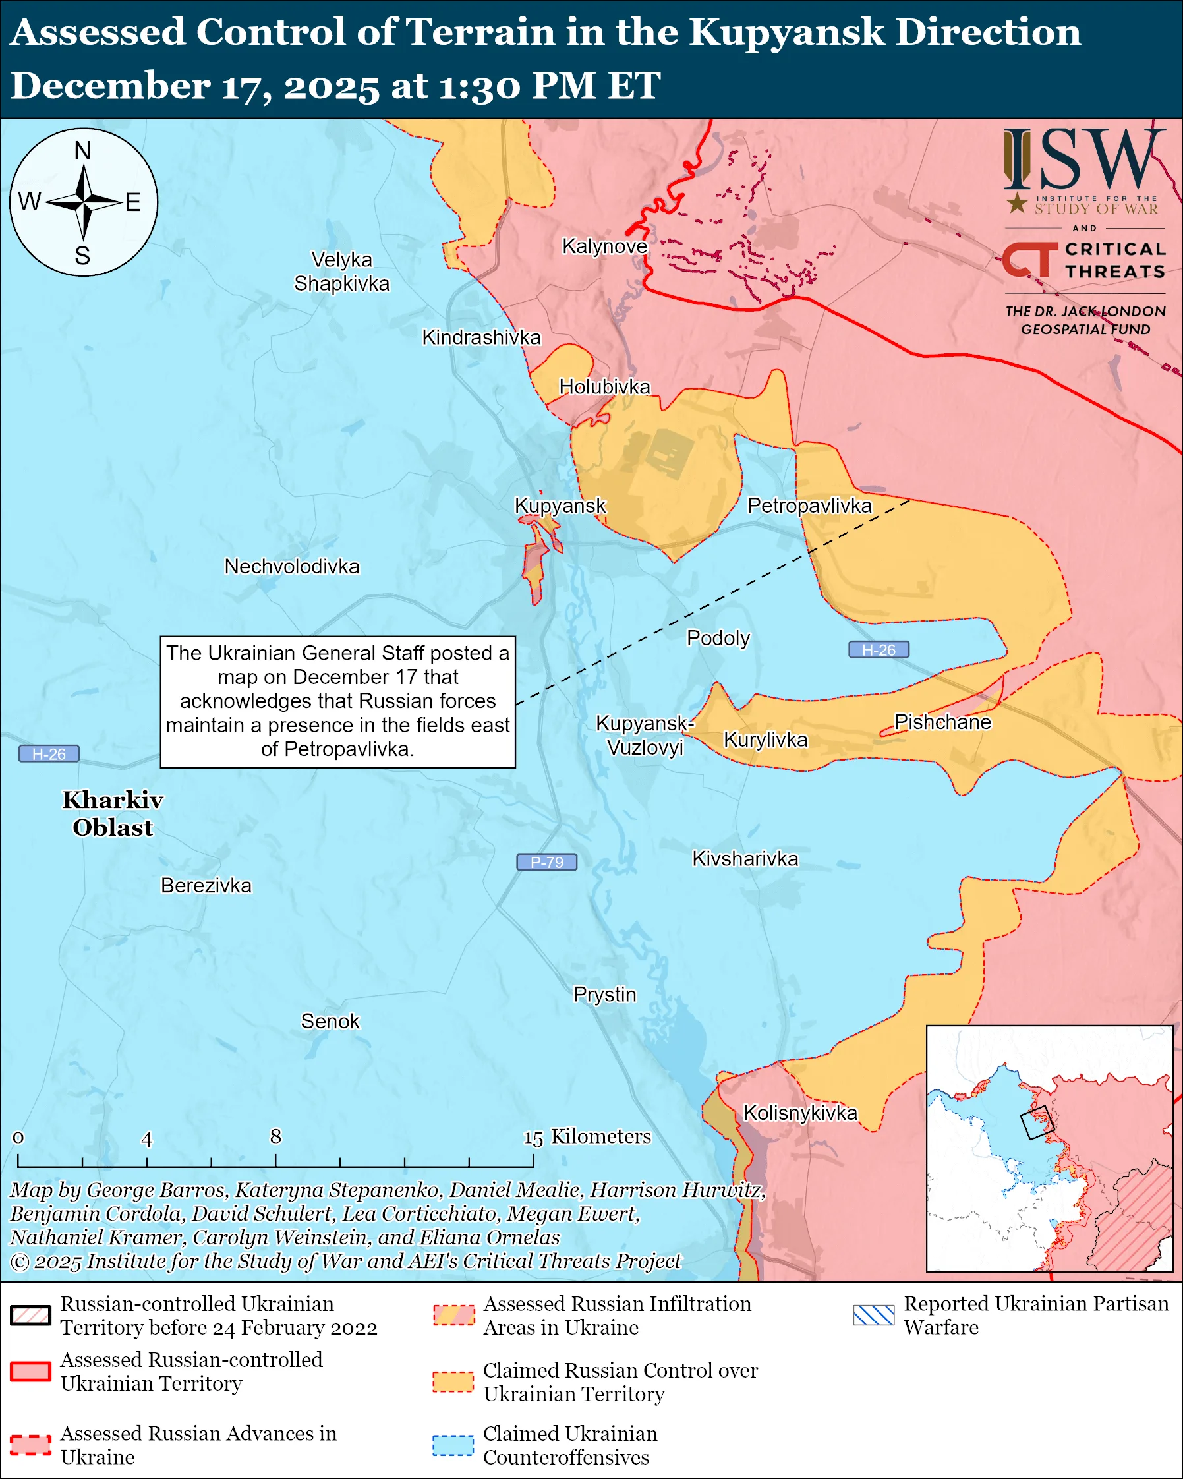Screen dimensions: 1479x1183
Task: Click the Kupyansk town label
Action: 560,506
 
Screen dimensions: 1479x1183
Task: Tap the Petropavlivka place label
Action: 809,506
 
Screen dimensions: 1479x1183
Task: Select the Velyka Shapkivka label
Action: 341,272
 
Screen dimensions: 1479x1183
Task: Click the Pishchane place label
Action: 942,722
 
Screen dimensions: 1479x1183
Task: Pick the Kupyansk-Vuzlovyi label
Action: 645,735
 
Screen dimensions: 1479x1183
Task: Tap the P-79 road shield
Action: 546,862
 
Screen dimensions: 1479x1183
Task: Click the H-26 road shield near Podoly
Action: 879,650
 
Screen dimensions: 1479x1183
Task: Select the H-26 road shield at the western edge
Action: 49,754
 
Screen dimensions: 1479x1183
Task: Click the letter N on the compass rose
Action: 83,150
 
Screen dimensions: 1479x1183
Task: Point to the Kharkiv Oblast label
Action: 113,813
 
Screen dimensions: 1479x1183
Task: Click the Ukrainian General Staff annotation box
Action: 337,701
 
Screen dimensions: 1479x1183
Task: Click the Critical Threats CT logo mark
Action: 1029,259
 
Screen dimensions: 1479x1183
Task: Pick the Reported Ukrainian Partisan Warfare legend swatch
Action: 874,1315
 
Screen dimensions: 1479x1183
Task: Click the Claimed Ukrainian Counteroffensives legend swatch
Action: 453,1445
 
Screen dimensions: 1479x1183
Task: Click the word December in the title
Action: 109,86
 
